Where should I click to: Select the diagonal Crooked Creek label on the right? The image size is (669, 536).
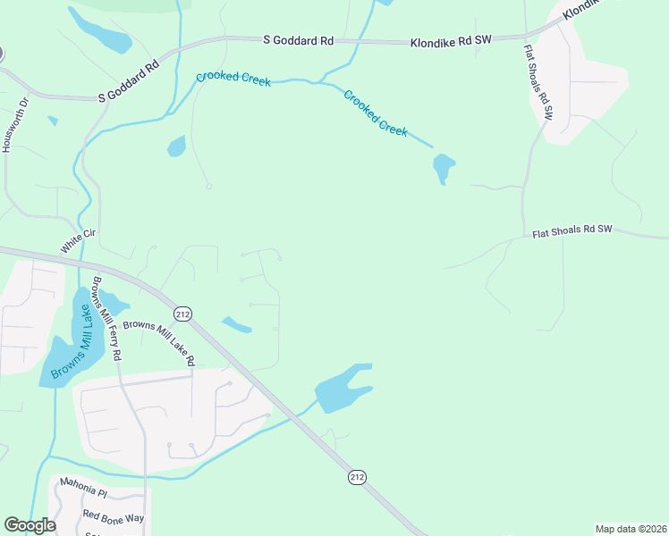(376, 113)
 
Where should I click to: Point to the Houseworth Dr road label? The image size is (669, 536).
(8, 126)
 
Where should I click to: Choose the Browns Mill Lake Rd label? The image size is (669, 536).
(158, 342)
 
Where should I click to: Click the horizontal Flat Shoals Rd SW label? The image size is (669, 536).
(572, 230)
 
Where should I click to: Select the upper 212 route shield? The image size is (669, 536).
(183, 314)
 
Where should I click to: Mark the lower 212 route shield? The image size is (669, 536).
(357, 478)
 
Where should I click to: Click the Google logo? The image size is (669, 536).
(30, 525)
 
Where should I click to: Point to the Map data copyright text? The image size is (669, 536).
(631, 528)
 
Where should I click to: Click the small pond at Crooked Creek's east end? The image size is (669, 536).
(443, 167)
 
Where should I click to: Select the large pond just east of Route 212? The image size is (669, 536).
(340, 390)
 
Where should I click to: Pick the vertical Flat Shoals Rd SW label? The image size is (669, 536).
(538, 81)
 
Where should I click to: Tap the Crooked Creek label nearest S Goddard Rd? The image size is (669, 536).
(233, 78)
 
